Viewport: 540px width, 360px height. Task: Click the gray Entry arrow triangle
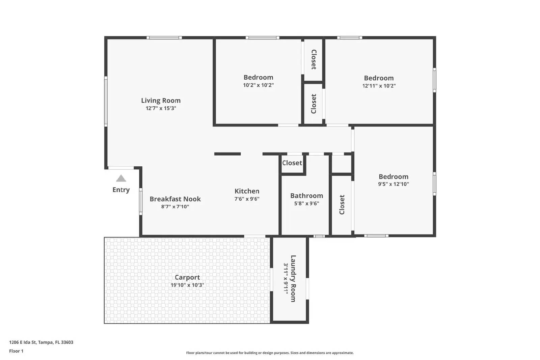(121, 178)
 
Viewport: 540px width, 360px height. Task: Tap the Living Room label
(161, 101)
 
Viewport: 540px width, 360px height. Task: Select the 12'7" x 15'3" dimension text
(161, 108)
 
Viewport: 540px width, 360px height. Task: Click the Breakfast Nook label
(175, 199)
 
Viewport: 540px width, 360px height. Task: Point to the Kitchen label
(247, 191)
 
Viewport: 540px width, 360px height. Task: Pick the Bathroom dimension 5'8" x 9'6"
(306, 203)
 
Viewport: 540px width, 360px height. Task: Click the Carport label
(187, 277)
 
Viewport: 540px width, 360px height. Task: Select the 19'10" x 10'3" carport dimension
(187, 285)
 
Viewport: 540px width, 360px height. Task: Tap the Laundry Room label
(293, 278)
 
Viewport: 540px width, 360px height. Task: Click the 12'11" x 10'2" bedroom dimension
(379, 86)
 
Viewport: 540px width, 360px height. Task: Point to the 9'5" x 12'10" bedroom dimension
(393, 184)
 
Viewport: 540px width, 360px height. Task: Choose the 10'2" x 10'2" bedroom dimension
(258, 85)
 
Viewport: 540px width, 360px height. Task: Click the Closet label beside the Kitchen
(292, 163)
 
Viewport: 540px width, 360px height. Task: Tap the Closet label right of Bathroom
(342, 204)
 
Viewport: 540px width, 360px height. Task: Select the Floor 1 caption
(16, 351)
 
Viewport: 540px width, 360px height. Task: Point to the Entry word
(121, 190)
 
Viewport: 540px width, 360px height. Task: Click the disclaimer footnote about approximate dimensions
(270, 353)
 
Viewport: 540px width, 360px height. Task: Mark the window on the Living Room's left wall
(106, 101)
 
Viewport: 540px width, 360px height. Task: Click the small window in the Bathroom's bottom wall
(319, 236)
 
